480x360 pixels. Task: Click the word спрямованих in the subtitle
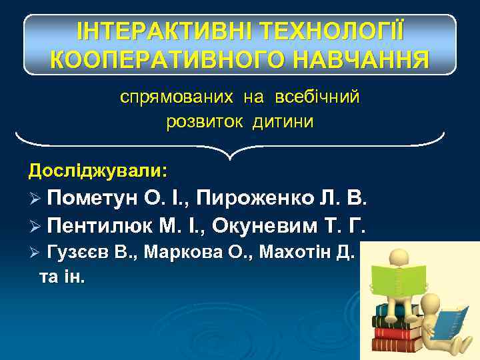pos(177,98)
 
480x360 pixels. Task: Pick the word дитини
pos(283,122)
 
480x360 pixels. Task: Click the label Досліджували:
pos(97,171)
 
